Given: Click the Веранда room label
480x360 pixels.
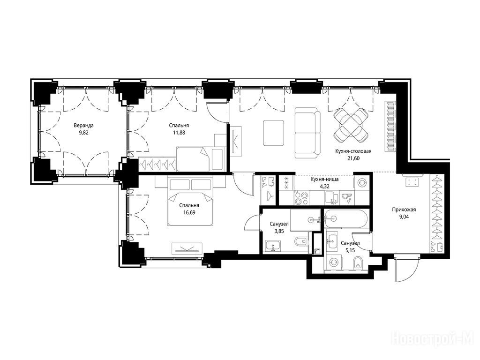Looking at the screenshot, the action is click(83, 125).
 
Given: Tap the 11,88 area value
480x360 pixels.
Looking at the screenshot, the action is click(179, 133).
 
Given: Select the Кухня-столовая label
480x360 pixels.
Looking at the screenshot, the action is click(353, 151).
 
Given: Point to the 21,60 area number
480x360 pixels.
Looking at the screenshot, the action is click(353, 158).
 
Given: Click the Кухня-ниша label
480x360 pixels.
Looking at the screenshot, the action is click(324, 179).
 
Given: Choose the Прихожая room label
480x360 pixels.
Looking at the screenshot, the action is click(404, 210).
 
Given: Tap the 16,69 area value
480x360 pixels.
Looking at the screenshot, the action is click(189, 212).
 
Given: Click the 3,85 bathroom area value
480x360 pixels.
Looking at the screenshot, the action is click(279, 232).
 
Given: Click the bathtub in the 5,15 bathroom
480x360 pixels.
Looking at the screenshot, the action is click(346, 218).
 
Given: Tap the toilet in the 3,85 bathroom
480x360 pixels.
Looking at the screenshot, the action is click(301, 242).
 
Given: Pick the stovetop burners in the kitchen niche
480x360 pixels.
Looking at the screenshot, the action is click(301, 198).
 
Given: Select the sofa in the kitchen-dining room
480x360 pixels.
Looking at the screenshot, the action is click(307, 133).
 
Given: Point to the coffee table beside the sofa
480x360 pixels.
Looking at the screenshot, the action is click(274, 133).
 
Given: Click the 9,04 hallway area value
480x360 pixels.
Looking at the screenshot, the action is click(404, 217).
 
